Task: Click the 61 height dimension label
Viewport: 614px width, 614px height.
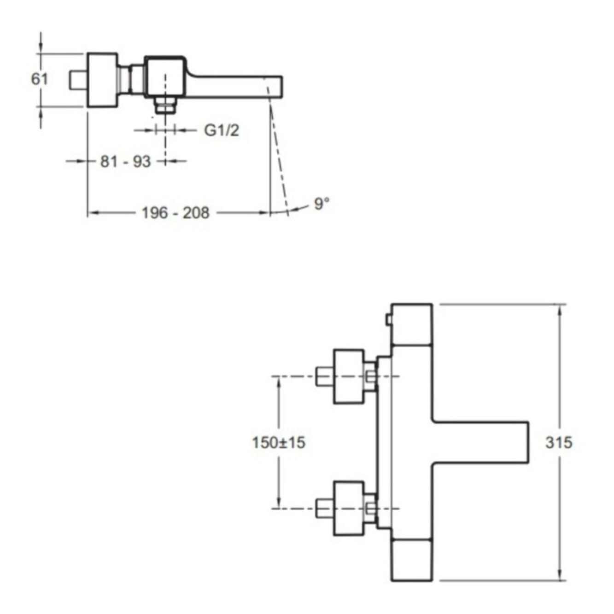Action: (40, 79)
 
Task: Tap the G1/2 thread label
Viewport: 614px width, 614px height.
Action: (222, 130)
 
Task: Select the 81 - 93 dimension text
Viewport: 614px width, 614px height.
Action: (125, 161)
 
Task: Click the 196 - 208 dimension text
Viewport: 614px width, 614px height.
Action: (175, 213)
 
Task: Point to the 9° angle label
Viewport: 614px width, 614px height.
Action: (322, 203)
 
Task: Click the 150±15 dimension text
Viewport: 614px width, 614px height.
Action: (278, 442)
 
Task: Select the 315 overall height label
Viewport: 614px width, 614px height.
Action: (559, 442)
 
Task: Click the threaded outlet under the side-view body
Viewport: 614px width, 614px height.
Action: (165, 105)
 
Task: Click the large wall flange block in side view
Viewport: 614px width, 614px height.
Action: (102, 80)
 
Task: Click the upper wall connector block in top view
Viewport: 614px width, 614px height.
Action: (348, 376)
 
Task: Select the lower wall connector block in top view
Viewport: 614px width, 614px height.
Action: (348, 509)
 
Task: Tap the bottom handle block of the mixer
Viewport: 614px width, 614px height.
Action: (411, 560)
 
